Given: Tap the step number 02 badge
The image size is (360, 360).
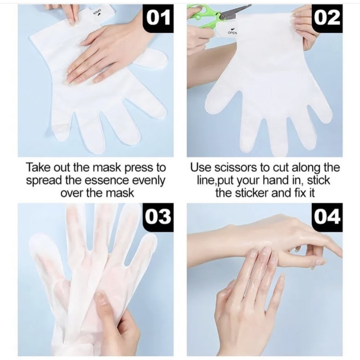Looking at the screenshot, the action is (327, 18).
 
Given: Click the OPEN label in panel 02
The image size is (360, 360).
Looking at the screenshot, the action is (232, 33).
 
